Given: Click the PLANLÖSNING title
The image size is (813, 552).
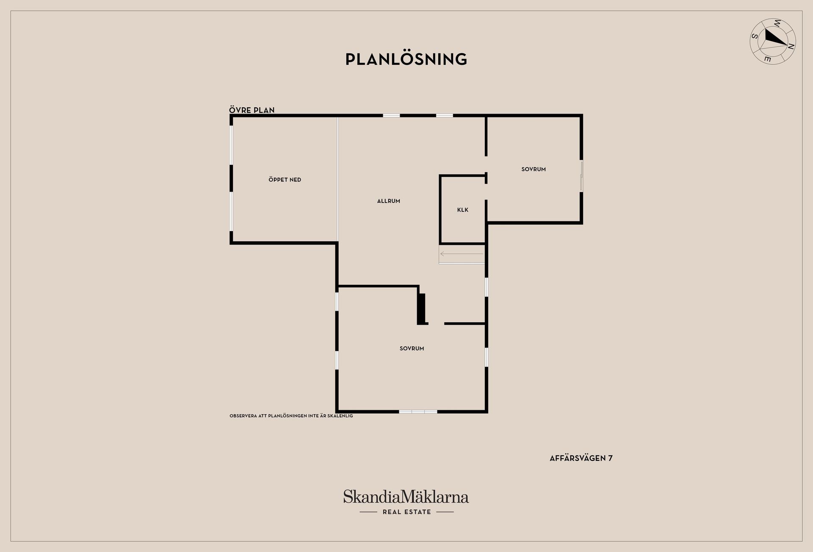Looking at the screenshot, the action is (x=406, y=59).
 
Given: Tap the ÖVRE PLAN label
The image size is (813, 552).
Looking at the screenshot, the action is (x=252, y=110).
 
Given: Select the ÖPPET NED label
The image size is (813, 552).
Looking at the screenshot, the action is (x=285, y=180).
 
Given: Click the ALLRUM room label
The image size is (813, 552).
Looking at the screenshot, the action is (x=388, y=201).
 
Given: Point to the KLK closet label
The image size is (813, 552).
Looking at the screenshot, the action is (x=462, y=210).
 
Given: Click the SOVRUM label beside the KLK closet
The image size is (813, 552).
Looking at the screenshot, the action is (x=533, y=169).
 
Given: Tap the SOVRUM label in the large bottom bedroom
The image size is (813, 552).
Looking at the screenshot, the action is (x=412, y=348).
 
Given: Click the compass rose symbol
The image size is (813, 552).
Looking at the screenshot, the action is (x=773, y=42).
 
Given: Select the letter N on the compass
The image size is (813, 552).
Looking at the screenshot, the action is (x=791, y=47).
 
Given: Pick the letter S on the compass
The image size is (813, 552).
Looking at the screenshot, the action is (x=755, y=36).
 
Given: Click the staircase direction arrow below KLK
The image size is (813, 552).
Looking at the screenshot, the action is (x=462, y=254).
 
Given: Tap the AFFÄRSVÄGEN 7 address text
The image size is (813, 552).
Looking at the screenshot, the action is (x=581, y=458).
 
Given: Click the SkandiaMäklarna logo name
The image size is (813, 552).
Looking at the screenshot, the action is (x=406, y=496).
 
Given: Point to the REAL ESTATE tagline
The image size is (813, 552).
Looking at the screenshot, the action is (x=406, y=512).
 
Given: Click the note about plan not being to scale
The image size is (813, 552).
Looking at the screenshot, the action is (x=291, y=416).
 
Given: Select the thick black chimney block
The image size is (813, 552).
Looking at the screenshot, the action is (x=422, y=309).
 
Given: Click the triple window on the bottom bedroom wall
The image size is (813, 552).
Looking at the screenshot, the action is (x=418, y=411).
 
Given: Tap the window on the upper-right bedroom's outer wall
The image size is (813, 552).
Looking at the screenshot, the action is (x=582, y=176).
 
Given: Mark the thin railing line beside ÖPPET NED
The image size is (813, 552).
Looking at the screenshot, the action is (x=337, y=179).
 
